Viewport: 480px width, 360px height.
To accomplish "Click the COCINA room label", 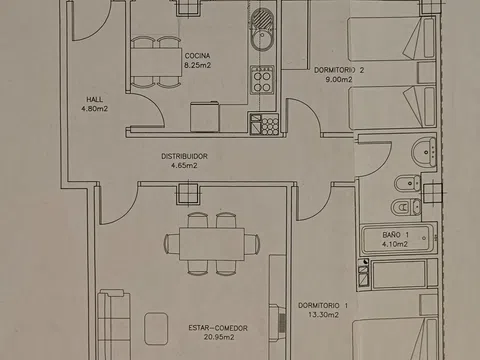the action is click(197, 56).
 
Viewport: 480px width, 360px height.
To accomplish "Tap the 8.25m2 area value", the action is click(198, 65).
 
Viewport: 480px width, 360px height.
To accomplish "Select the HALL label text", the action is click(95, 99).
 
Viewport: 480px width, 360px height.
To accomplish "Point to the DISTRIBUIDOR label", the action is click(184, 156).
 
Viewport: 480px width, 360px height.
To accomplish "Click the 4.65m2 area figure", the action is click(184, 165).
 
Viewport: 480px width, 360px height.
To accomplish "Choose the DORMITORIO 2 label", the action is click(339, 70).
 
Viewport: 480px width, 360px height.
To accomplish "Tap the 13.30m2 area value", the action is click(323, 314).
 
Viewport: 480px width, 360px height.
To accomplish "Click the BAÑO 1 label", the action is click(395, 235).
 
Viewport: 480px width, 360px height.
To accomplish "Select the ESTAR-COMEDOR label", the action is click(218, 328).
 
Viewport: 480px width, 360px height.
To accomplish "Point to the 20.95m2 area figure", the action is click(219, 337).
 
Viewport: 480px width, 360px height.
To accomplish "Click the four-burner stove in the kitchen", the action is click(262, 80).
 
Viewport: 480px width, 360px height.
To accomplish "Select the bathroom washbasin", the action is click(424, 152).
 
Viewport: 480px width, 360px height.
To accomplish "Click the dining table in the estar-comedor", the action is click(212, 244).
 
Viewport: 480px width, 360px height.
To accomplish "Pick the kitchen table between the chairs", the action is click(156, 63).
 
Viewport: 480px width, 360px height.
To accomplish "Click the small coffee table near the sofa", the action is click(156, 329).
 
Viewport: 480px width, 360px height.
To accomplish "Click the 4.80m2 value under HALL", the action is click(95, 109).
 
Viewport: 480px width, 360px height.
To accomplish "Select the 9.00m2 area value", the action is click(339, 79).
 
